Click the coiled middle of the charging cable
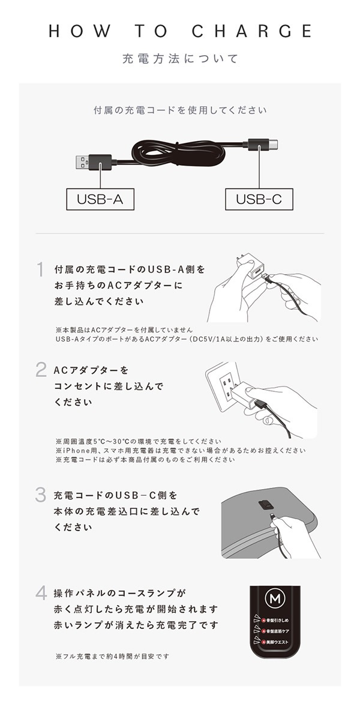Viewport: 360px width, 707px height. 180,155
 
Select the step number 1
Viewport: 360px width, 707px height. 40,270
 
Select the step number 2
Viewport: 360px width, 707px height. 41,370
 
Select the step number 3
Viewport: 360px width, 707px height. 41,495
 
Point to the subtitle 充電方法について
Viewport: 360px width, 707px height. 180,59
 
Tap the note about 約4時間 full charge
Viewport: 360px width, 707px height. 112,656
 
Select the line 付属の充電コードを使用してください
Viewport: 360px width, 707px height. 180,110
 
